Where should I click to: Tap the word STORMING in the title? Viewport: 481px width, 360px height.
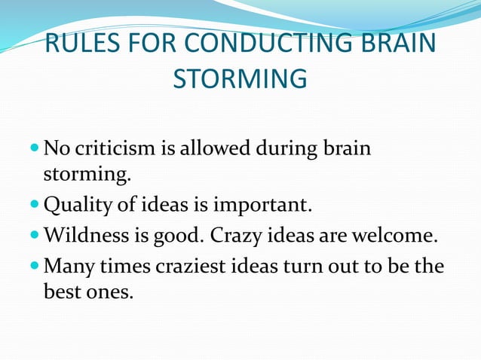pyautogui.click(x=240, y=78)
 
